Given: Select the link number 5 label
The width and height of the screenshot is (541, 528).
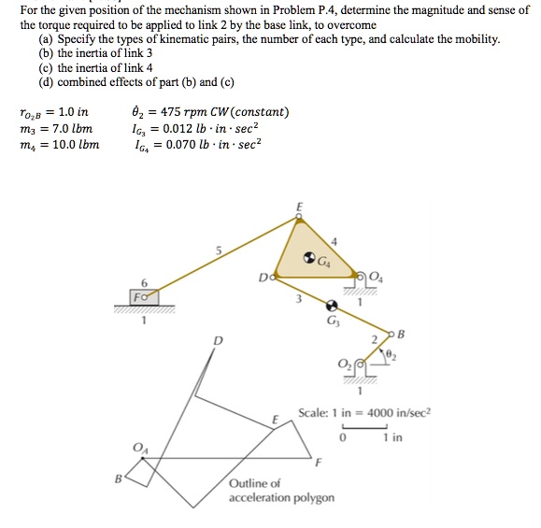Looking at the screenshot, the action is click(218, 250).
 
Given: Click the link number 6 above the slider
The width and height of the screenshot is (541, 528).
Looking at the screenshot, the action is click(143, 282).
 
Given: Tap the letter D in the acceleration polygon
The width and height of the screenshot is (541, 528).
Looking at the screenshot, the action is click(219, 340).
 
